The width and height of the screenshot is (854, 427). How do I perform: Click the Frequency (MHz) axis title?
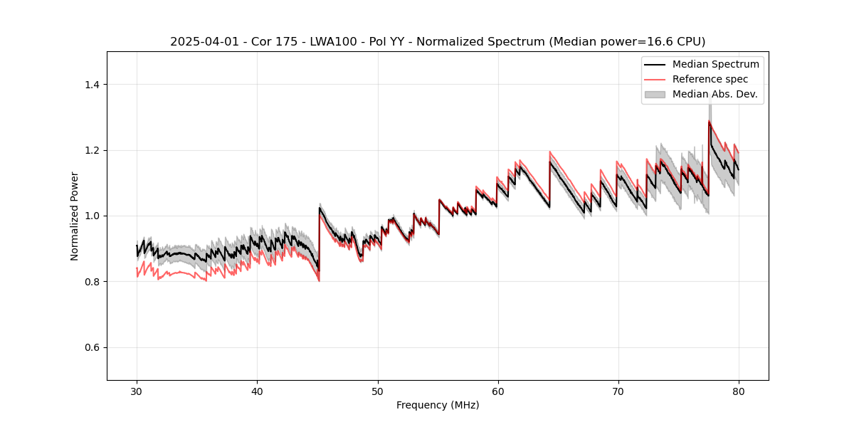pyautogui.click(x=438, y=405)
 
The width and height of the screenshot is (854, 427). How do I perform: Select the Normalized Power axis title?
pyautogui.click(x=75, y=216)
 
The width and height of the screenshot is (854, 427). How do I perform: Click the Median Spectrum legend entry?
pyautogui.click(x=715, y=64)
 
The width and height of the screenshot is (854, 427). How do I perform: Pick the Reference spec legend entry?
pyautogui.click(x=710, y=79)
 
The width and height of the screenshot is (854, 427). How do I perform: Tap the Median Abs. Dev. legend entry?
pyautogui.click(x=715, y=94)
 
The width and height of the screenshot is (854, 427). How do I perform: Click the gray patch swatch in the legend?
pyautogui.click(x=655, y=94)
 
